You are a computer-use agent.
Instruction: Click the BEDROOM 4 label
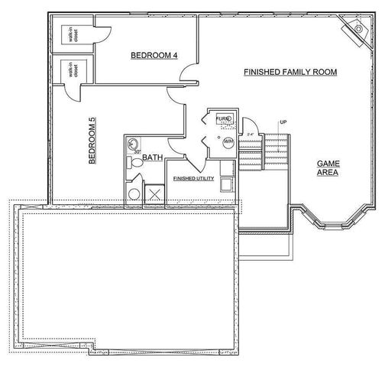tap(154, 55)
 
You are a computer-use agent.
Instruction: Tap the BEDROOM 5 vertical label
tap(92, 141)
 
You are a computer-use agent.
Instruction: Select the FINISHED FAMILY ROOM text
tap(290, 72)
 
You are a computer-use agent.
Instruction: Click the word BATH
tap(153, 158)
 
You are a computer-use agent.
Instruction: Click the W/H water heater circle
tap(228, 141)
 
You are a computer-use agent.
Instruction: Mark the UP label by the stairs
tap(283, 122)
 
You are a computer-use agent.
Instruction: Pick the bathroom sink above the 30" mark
tap(133, 143)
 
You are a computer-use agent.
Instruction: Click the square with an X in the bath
tap(155, 193)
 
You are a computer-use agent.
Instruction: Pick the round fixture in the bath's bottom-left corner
tap(134, 194)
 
